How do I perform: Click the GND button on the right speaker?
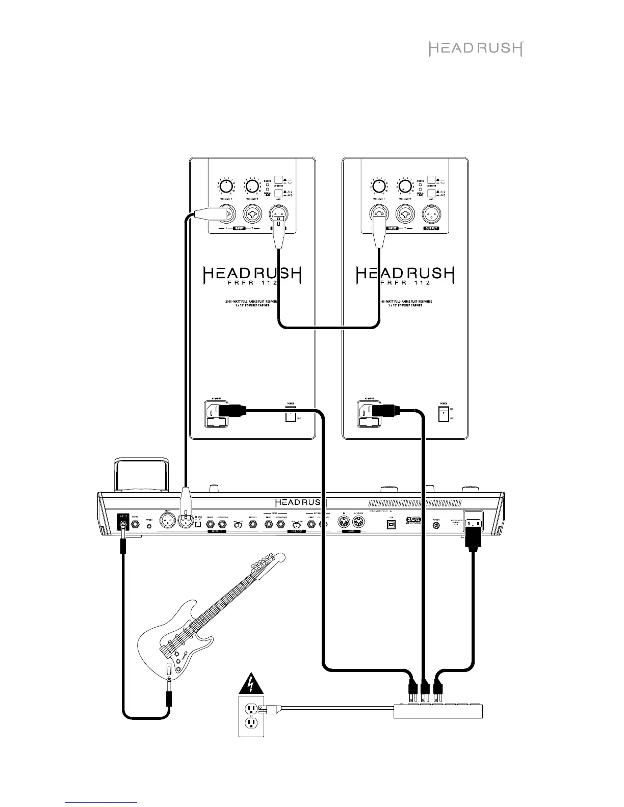pyautogui.click(x=431, y=194)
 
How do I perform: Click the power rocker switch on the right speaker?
pyautogui.click(x=444, y=414)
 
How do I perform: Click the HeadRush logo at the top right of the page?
pyautogui.click(x=475, y=49)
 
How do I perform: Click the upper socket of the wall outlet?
pyautogui.click(x=251, y=709)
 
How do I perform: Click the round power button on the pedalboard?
pyautogui.click(x=436, y=524)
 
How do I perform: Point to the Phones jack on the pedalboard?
pyautogui.click(x=252, y=523)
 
